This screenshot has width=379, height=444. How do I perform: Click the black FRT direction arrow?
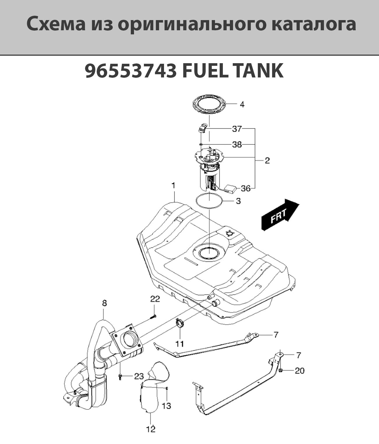(280, 214)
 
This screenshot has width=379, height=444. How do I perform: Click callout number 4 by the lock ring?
(242, 104)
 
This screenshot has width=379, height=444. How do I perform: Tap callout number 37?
(237, 129)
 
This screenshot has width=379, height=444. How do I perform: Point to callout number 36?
(246, 189)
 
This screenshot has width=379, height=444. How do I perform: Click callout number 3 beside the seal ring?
(238, 201)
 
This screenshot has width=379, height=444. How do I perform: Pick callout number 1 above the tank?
(174, 185)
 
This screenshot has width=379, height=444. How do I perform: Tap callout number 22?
(155, 299)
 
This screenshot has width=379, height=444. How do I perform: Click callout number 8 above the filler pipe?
(104, 303)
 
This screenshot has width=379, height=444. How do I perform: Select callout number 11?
(180, 344)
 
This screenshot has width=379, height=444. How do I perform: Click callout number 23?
(141, 376)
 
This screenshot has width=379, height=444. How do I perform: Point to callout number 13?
(166, 406)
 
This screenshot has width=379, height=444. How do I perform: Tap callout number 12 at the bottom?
(151, 429)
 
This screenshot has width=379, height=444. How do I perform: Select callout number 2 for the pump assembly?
(267, 160)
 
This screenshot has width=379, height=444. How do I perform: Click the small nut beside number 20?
(281, 370)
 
